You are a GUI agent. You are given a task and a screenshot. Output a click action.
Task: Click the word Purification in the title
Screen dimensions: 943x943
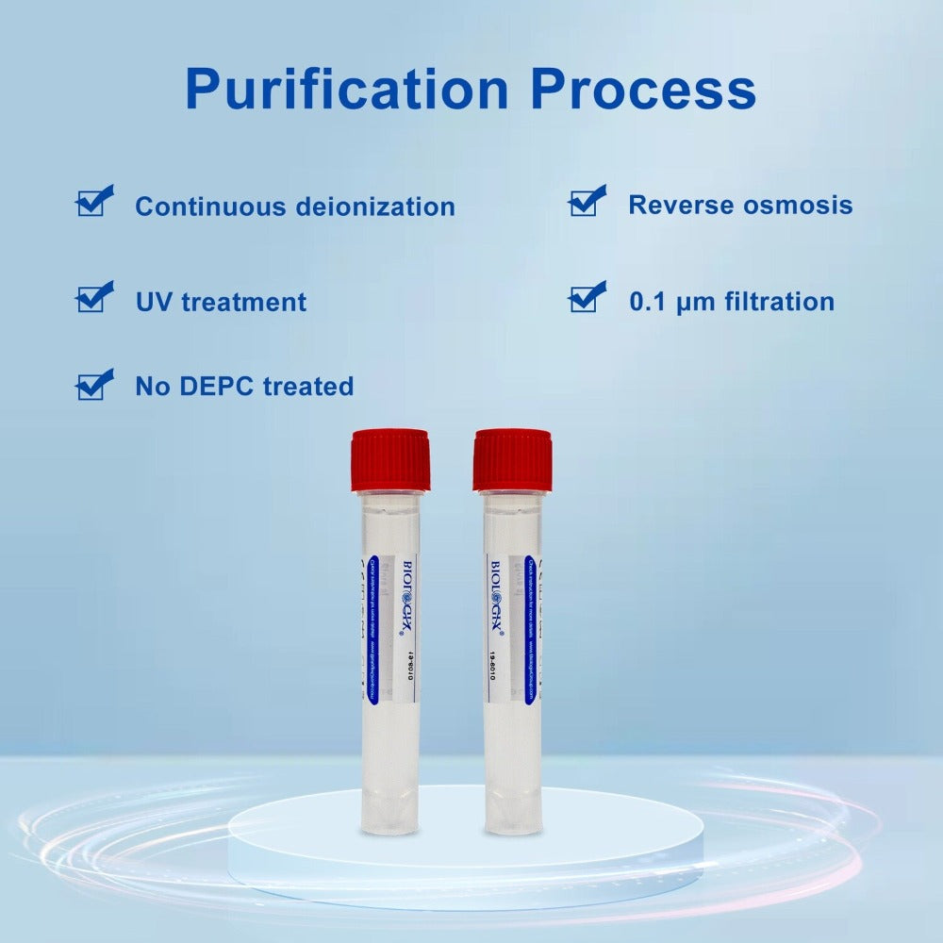point(346,90)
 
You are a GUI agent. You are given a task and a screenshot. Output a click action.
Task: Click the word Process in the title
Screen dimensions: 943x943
point(643,90)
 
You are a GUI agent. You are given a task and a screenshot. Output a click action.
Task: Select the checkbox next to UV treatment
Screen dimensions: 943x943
point(92,298)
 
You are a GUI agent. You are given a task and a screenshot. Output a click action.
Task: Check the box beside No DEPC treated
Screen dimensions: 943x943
point(92,386)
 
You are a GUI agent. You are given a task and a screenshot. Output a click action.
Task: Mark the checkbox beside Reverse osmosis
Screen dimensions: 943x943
point(586,202)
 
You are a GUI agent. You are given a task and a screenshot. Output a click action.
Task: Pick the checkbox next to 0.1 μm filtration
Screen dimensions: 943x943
point(586,298)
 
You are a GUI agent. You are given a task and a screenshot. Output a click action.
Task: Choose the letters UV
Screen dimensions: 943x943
point(154,302)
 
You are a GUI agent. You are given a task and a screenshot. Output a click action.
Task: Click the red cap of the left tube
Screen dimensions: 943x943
point(390,459)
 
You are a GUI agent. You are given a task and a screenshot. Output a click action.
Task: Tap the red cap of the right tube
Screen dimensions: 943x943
point(512,459)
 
